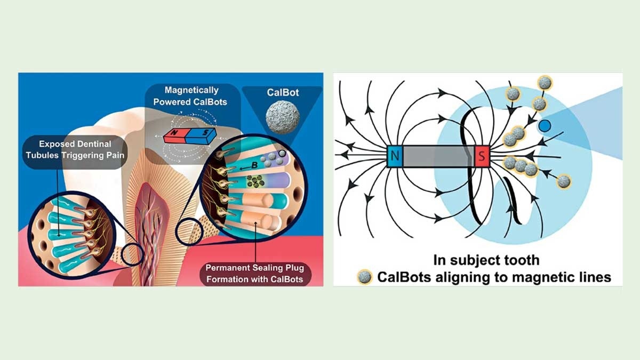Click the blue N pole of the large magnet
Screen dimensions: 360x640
click(395, 157)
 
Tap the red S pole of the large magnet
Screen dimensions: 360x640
click(481, 157)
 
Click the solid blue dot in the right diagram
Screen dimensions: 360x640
click(545, 126)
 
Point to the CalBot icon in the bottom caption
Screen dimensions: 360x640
click(365, 277)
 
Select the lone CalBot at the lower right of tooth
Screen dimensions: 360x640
click(563, 182)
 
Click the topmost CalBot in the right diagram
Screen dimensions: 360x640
click(545, 83)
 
